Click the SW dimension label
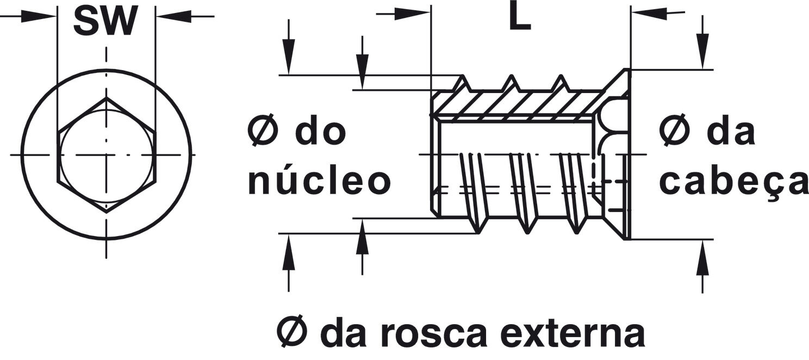105,21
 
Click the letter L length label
520,15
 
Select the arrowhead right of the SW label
173,16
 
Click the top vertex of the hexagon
106,98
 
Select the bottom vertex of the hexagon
106,212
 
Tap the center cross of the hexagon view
106,155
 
